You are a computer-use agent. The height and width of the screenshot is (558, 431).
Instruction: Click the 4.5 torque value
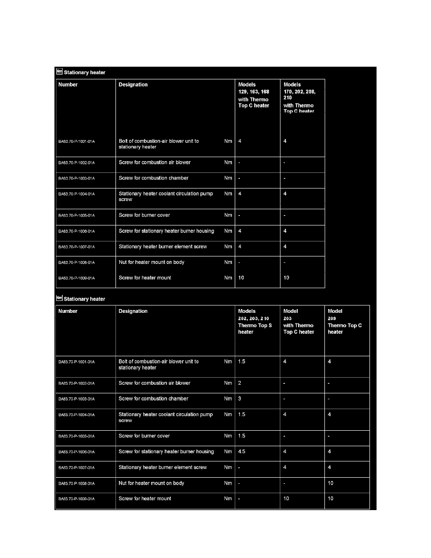pos(242,452)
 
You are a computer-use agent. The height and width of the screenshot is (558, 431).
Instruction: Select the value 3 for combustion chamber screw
pos(239,399)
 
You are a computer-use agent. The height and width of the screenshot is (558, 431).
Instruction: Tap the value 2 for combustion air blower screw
pos(239,383)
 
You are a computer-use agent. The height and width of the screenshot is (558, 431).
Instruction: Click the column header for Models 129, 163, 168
pos(254,95)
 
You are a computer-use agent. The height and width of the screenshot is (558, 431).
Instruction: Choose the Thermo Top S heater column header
pos(254,322)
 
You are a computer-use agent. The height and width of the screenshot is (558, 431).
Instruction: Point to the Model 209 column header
pos(345,322)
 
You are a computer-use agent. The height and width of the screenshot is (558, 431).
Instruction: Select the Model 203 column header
pos(299,322)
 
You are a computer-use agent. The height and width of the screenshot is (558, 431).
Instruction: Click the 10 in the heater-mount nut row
pos(331,483)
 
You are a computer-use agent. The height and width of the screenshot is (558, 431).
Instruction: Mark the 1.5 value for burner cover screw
pos(242,436)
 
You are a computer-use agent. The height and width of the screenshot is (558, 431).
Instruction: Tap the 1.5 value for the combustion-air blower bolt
pos(242,362)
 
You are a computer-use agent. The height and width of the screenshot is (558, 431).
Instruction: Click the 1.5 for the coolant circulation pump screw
pos(242,415)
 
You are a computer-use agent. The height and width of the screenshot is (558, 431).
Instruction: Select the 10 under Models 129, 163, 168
pos(241,278)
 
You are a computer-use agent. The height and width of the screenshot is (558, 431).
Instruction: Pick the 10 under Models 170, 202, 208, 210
pos(286,278)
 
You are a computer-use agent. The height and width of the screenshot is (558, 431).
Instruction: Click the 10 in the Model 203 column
pos(286,499)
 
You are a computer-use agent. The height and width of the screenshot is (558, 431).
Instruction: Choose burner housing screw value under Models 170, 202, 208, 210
pos(285,231)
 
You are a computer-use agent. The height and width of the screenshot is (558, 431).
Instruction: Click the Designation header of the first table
pos(133,85)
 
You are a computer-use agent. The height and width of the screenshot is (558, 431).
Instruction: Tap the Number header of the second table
pos(68,311)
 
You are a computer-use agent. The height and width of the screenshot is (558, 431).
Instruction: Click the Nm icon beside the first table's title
pos(59,72)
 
